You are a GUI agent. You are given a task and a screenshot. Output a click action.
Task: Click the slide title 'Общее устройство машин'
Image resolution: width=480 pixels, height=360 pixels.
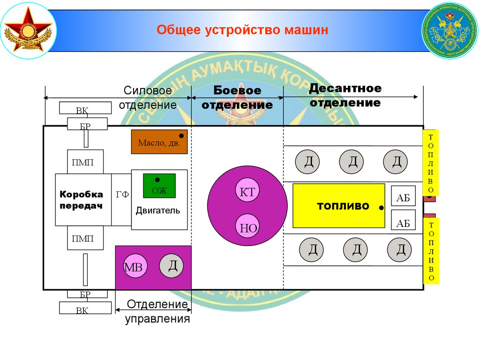point(242,31)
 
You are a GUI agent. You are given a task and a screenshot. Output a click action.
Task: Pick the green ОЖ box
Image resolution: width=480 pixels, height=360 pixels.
point(159,186)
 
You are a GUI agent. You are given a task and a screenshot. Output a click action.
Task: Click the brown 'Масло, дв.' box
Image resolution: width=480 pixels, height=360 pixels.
point(159,142)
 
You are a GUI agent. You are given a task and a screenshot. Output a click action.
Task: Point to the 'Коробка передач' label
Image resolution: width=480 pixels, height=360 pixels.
point(81,200)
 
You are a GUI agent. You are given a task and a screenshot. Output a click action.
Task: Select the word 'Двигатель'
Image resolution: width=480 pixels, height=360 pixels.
point(157,210)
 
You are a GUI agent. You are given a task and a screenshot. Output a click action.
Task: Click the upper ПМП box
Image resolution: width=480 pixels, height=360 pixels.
point(85,162)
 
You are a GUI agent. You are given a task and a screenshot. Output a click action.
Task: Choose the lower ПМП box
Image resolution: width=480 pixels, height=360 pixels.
point(85,239)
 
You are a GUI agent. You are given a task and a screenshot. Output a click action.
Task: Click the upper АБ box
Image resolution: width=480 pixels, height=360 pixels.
point(403,198)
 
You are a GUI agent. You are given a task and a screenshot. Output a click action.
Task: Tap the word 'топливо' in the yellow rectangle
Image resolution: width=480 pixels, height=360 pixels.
point(343,206)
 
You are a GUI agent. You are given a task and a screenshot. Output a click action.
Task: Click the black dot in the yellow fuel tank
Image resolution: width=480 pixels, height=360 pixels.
point(382,207)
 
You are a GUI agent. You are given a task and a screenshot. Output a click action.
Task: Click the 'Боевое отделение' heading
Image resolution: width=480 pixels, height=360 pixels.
point(237,97)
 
